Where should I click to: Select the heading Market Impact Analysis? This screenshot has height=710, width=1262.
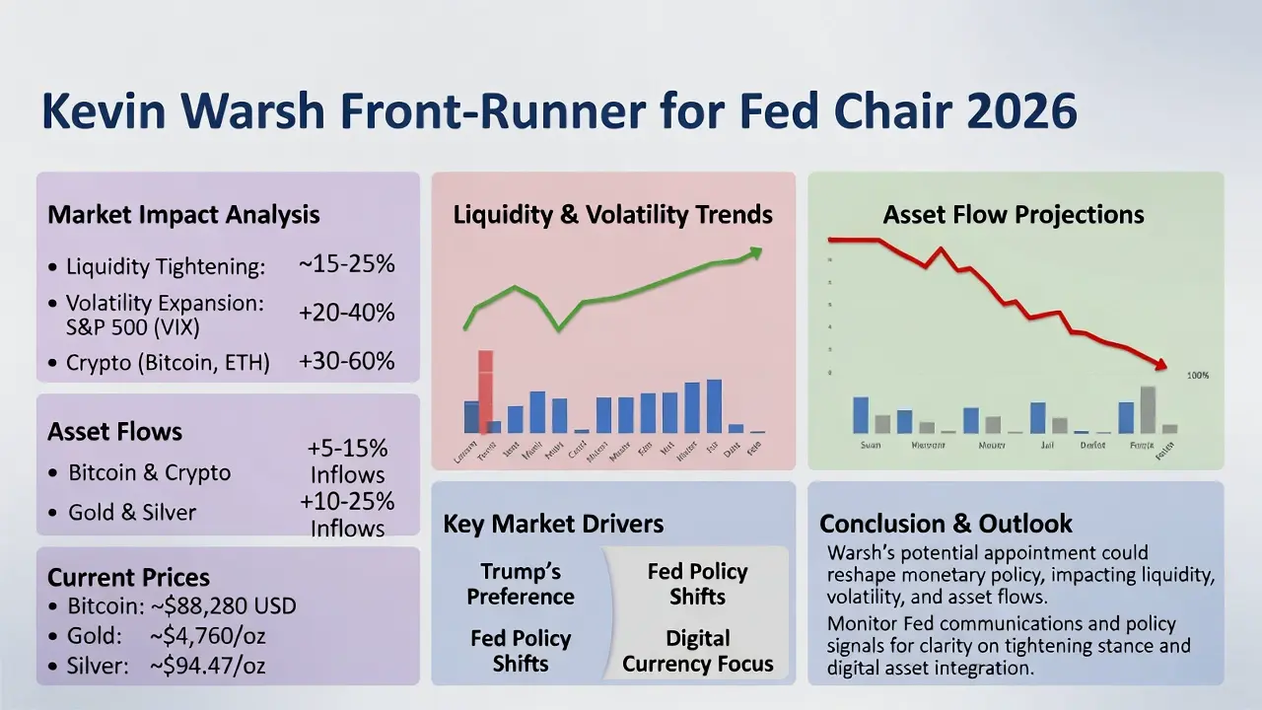pyautogui.click(x=183, y=214)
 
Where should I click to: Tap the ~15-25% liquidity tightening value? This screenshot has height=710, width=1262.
pyautogui.click(x=346, y=264)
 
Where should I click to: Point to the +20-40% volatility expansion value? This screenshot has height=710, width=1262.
pyautogui.click(x=346, y=313)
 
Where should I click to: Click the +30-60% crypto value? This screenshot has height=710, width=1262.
pyautogui.click(x=346, y=361)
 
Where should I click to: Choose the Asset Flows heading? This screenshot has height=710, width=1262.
pyautogui.click(x=114, y=431)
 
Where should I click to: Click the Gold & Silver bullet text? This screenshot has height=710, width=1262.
pyautogui.click(x=132, y=513)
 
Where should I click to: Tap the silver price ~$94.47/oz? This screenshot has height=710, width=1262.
pyautogui.click(x=207, y=666)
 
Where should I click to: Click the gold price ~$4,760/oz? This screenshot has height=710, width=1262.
pyautogui.click(x=207, y=636)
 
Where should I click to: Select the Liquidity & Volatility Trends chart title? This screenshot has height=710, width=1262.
pyautogui.click(x=612, y=214)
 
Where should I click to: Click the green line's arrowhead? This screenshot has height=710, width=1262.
pyautogui.click(x=755, y=253)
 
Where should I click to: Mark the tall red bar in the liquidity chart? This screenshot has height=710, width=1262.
pyautogui.click(x=485, y=391)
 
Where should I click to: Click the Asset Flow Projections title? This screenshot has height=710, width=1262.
pyautogui.click(x=1014, y=214)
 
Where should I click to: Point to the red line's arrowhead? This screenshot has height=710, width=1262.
pyautogui.click(x=1160, y=365)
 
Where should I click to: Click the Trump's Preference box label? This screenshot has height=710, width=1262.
pyautogui.click(x=521, y=584)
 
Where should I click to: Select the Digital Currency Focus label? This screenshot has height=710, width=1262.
pyautogui.click(x=697, y=651)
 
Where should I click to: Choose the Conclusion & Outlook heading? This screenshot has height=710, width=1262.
pyautogui.click(x=946, y=524)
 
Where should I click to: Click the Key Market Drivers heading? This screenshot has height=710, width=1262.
pyautogui.click(x=553, y=524)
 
